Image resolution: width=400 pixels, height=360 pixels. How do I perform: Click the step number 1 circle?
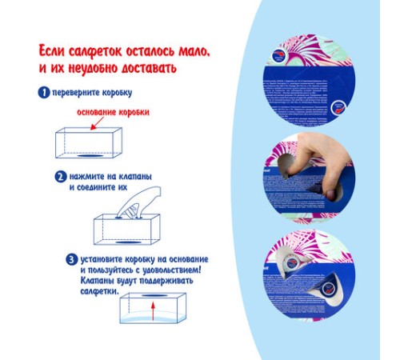pyautogui.click(x=45, y=92)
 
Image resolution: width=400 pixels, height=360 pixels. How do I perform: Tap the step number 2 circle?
pyautogui.click(x=59, y=176)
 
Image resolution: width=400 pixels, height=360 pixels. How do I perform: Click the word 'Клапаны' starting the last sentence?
pyautogui.click(x=99, y=281)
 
